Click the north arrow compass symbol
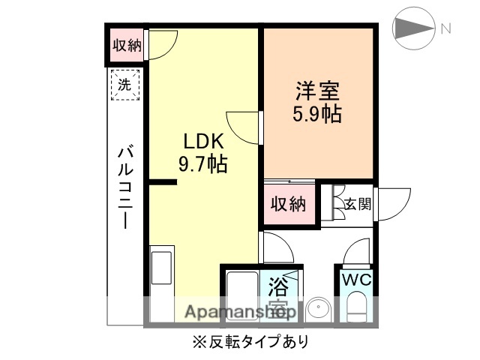(x=414, y=29)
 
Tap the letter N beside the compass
(x=445, y=29)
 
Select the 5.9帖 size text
(x=316, y=115)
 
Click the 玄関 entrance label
(x=358, y=203)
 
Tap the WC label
(x=355, y=280)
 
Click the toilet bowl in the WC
(x=356, y=307)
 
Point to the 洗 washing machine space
(x=125, y=84)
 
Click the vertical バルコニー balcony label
(x=125, y=187)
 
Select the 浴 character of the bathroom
(x=280, y=286)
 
